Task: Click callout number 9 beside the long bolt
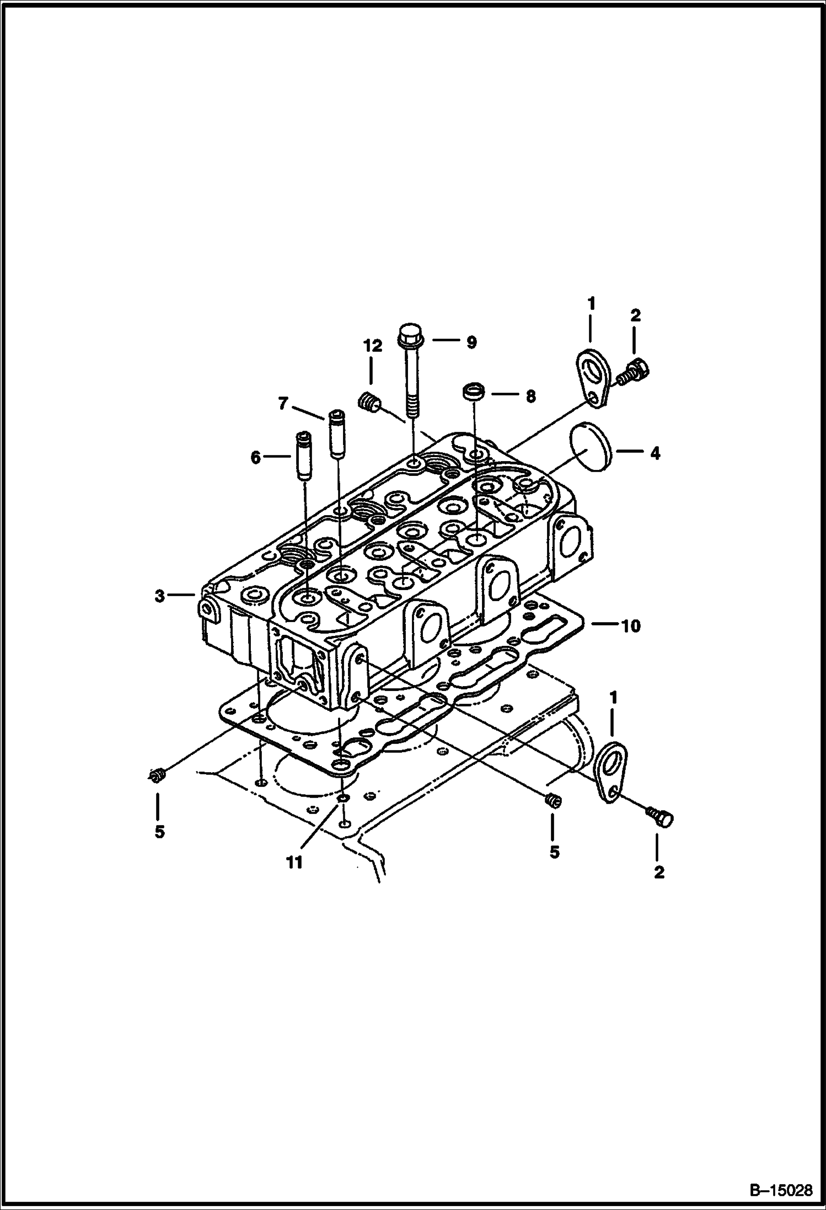pyautogui.click(x=471, y=342)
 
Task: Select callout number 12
pyautogui.click(x=372, y=346)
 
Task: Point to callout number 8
pyautogui.click(x=530, y=396)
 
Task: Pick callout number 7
pyautogui.click(x=283, y=404)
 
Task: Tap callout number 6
pyautogui.click(x=255, y=457)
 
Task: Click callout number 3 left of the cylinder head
pyautogui.click(x=159, y=596)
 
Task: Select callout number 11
pyautogui.click(x=294, y=862)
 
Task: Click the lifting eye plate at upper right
pyautogui.click(x=592, y=381)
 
